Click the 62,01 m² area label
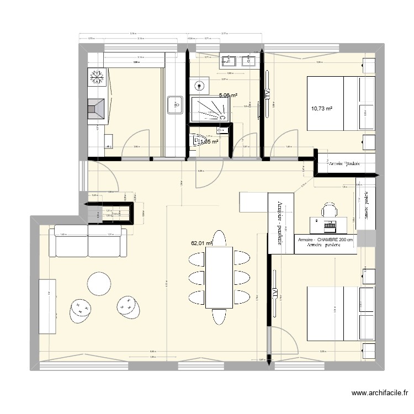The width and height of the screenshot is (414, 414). tap(201, 242)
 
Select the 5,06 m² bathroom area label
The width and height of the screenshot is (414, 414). tap(228, 95)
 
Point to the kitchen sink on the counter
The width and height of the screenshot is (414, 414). tap(175, 104)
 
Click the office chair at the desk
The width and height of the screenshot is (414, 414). tap(329, 210)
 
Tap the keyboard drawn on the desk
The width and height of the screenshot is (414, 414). tap(330, 226)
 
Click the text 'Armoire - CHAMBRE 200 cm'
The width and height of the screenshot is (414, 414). tap(325, 241)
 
